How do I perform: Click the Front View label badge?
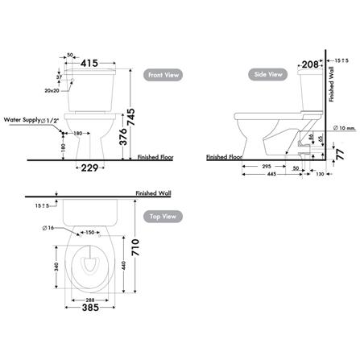tap(163, 75)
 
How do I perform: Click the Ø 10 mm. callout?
tap(344, 127)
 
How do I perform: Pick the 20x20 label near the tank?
tap(52, 92)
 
